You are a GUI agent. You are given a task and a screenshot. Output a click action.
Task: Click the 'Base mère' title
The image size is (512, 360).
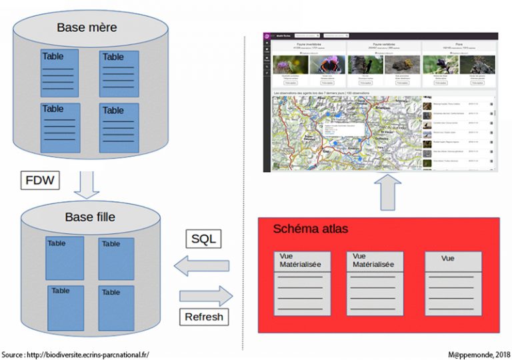pyautogui.click(x=87, y=27)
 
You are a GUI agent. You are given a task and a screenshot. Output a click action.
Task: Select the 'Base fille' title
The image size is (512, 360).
pyautogui.click(x=90, y=217)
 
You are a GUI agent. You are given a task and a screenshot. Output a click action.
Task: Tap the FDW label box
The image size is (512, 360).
pyautogui.click(x=38, y=181)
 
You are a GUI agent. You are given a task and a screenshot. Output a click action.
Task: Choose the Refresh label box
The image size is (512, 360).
pyautogui.click(x=204, y=317)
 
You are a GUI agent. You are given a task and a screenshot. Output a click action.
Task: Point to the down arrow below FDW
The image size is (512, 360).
pyautogui.click(x=86, y=186)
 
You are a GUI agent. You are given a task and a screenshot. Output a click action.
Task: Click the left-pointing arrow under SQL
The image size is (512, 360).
pyautogui.click(x=201, y=266)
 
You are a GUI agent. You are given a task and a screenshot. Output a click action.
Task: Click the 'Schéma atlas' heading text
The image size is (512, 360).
pyautogui.click(x=311, y=229)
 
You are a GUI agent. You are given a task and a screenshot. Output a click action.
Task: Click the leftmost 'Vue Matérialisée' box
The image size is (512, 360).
pyautogui.click(x=302, y=283)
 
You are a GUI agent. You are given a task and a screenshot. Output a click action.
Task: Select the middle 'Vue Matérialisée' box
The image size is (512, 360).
pyautogui.click(x=374, y=283)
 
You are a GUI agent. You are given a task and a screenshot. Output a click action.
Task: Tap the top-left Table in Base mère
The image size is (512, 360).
pyautogui.click(x=59, y=72)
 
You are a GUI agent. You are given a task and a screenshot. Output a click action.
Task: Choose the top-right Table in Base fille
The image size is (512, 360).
pyautogui.click(x=116, y=258)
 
